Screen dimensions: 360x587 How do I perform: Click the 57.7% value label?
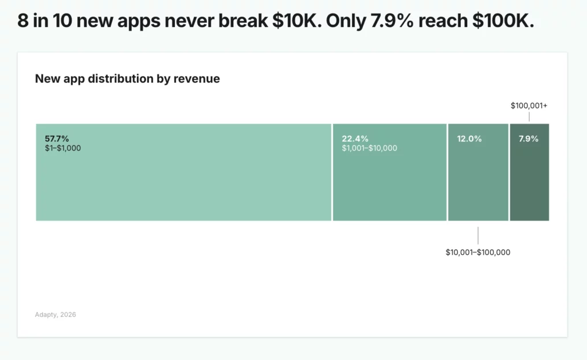tap(57, 139)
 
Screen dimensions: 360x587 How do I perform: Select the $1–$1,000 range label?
tap(62, 148)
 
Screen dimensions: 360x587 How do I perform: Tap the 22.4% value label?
tap(355, 139)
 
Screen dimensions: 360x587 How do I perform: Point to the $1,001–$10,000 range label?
tap(369, 148)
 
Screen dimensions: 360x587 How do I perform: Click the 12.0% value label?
tap(469, 139)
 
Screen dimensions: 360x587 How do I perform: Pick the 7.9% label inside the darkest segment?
tap(529, 139)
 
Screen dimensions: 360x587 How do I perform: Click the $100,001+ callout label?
tap(529, 106)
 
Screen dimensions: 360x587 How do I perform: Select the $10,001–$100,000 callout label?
tap(478, 252)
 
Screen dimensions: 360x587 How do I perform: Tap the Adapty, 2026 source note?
tap(55, 314)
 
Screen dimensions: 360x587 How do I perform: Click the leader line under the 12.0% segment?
tap(478, 235)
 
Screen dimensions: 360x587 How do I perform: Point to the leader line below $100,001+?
tap(529, 116)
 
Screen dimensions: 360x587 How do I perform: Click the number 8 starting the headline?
tap(22, 22)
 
